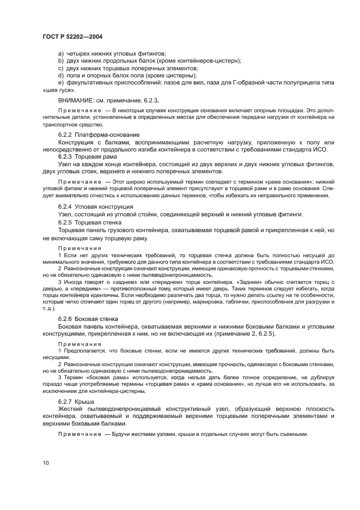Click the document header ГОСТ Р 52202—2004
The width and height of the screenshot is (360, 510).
click(x=72, y=36)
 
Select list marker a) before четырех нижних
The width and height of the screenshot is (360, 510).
click(x=60, y=53)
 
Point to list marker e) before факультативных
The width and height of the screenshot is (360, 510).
click(x=60, y=82)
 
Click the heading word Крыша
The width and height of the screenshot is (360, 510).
click(x=90, y=401)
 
